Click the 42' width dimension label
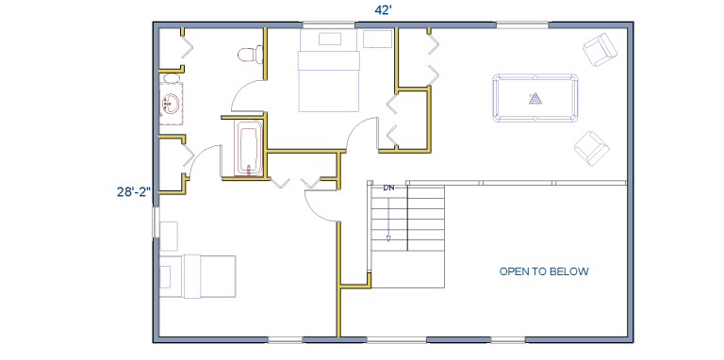(384, 10)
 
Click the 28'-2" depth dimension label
(134, 192)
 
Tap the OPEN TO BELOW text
(544, 271)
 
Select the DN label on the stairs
(388, 188)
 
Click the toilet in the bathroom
(250, 55)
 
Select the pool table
(535, 98)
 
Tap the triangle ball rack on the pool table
(535, 98)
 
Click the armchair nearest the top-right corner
(600, 49)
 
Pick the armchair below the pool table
(591, 149)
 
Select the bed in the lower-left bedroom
(197, 276)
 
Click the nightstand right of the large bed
(378, 39)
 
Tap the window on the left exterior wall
(156, 222)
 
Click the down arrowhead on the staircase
(388, 238)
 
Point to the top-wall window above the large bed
(329, 25)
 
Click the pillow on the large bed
(330, 39)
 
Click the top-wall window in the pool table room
(522, 25)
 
